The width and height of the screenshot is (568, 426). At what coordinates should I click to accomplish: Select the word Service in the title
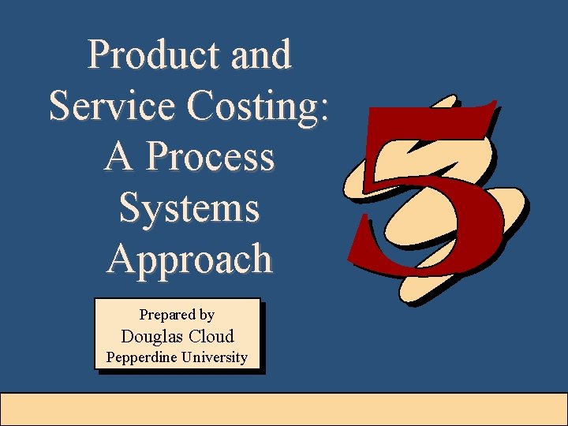110,106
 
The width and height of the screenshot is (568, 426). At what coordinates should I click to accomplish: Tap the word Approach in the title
189,259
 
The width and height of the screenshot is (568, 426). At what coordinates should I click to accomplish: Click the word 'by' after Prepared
206,316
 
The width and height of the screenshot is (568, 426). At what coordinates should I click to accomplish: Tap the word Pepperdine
141,357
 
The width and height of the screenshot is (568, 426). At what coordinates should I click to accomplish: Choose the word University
215,357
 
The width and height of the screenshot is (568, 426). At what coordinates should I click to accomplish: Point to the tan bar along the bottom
284,409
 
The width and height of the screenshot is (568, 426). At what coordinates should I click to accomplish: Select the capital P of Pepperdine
110,357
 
